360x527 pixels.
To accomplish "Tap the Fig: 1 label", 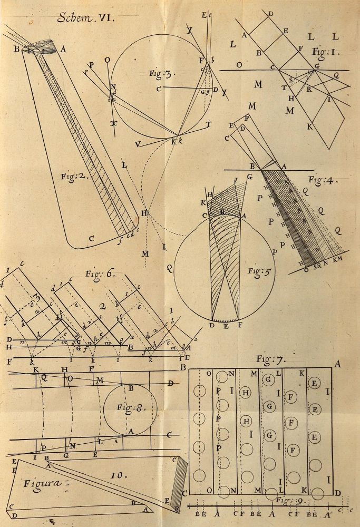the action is point(319,52).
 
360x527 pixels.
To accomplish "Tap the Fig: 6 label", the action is point(100,274).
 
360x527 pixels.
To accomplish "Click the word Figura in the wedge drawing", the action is point(40,482).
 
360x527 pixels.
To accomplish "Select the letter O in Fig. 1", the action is point(240,65).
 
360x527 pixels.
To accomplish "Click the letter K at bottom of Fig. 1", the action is point(310,127).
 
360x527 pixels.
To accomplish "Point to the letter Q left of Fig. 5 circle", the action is point(170,267).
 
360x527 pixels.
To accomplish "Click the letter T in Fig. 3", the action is point(209,124).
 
